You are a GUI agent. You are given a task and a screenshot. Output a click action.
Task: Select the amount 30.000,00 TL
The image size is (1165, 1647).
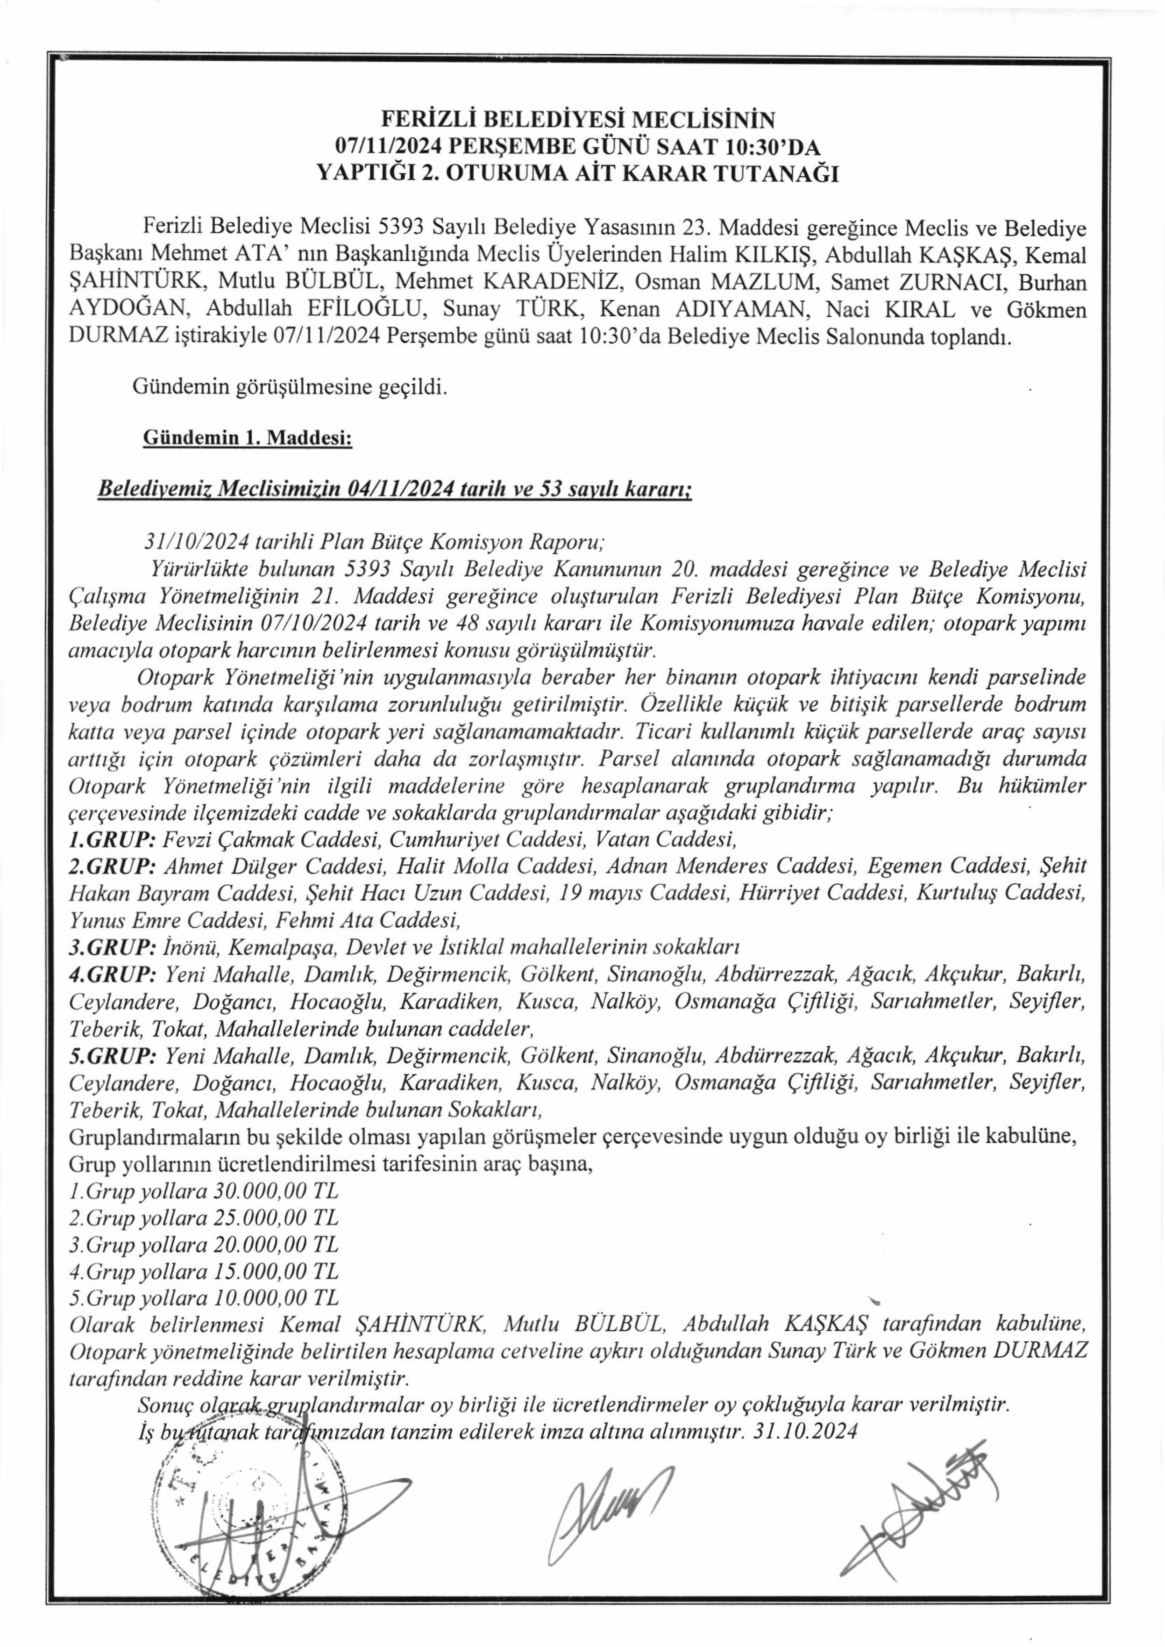click(x=276, y=1191)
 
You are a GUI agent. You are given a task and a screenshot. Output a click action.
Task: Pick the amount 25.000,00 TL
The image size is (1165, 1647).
click(x=276, y=1218)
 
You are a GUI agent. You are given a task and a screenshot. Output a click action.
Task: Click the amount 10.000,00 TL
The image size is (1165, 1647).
click(x=276, y=1298)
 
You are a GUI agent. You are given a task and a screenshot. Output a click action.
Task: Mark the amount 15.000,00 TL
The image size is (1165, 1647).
click(x=276, y=1272)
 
